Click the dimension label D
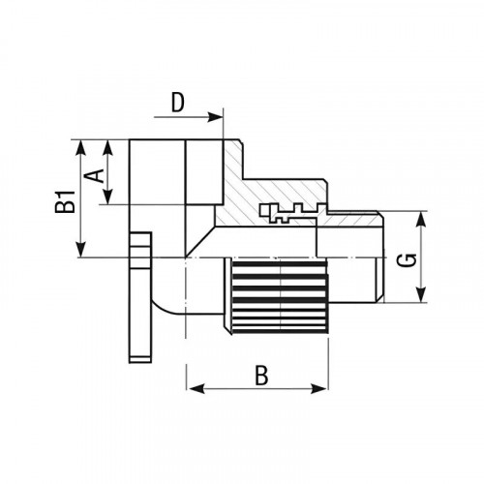177,103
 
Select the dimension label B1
65,201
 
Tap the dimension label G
407,260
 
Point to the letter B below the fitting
261,376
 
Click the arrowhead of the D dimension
215,117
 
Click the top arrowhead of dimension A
108,147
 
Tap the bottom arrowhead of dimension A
108,197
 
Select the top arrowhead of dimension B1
81,148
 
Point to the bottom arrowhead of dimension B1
81,250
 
